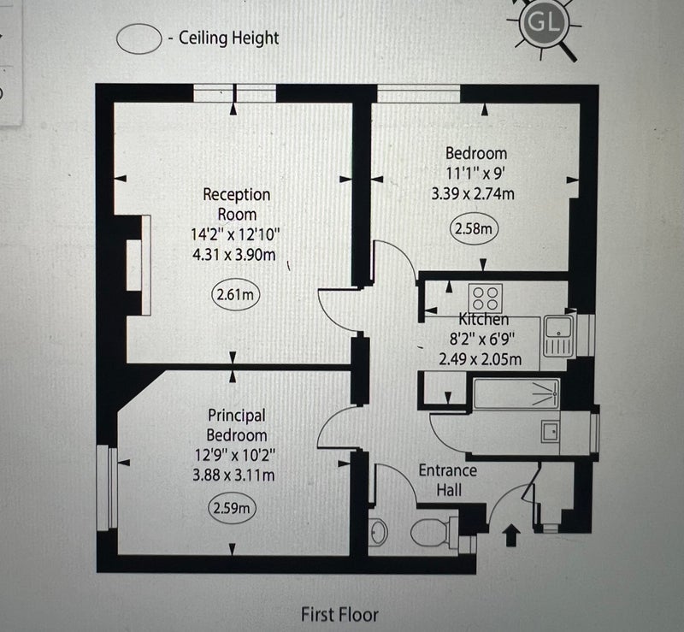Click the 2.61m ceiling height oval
coord(236,294)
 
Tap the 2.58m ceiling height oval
coord(474,228)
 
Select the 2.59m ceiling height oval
coord(232,508)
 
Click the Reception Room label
coord(237,204)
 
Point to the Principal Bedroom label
coord(237,425)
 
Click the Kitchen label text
coord(484,320)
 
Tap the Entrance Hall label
coord(448,480)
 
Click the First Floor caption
coord(339,615)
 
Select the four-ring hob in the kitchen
coord(486,298)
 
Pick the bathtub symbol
coord(516,394)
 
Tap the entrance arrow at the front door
coord(511,535)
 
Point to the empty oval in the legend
coord(139,38)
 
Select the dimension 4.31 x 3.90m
coord(234,255)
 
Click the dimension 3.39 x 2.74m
coord(473,193)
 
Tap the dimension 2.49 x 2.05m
coord(481,359)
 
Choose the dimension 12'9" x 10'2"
coord(235,455)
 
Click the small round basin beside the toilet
coord(379,532)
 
